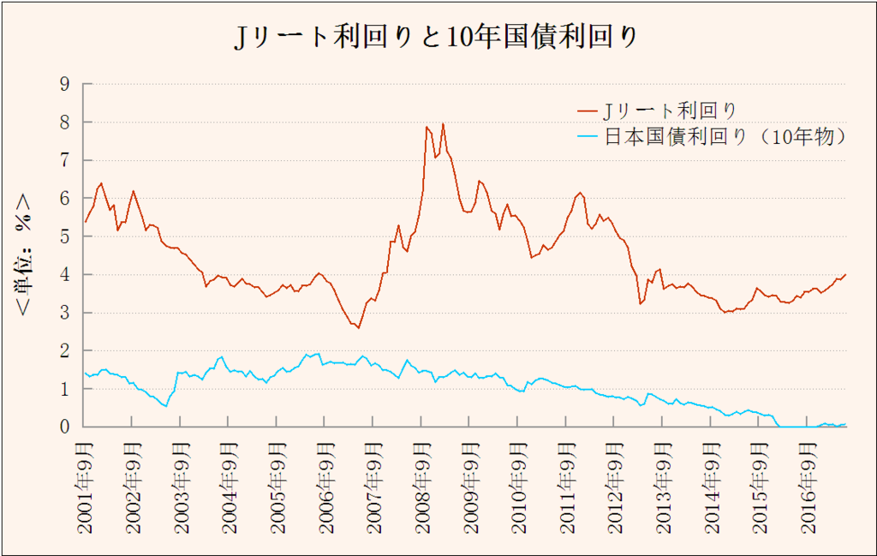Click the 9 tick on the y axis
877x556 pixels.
pyautogui.click(x=64, y=84)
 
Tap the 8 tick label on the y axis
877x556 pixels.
pyautogui.click(x=64, y=122)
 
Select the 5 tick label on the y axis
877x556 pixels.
pyautogui.click(x=64, y=236)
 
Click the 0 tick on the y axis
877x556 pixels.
pyautogui.click(x=64, y=427)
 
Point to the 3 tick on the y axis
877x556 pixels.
pyautogui.click(x=64, y=313)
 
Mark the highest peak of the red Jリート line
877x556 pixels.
pyautogui.click(x=443, y=124)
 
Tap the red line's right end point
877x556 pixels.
pyautogui.click(x=846, y=274)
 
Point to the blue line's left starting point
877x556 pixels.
pyautogui.click(x=85, y=373)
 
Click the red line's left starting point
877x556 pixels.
pyautogui.click(x=85, y=222)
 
